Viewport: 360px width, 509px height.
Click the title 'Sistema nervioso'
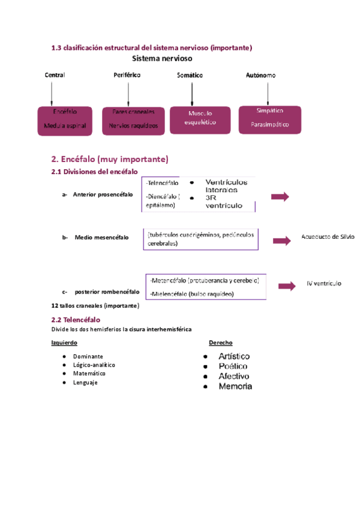tap(162, 59)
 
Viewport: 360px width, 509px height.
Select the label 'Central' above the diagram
tap(55, 75)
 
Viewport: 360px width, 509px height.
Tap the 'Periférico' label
tap(127, 75)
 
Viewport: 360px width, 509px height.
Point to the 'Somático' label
tap(190, 75)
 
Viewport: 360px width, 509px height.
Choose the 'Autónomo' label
tap(261, 75)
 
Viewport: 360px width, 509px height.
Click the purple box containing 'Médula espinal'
tap(65, 119)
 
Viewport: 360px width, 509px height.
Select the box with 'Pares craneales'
tap(133, 119)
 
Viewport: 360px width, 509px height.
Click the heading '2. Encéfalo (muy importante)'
tap(110, 159)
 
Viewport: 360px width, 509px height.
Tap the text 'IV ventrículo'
tap(323, 283)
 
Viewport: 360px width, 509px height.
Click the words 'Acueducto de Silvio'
tap(328, 236)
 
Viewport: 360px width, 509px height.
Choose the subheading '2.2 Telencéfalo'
tap(76, 320)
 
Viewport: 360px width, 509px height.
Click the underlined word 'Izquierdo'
tap(64, 343)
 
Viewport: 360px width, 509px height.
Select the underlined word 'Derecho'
tap(220, 343)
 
